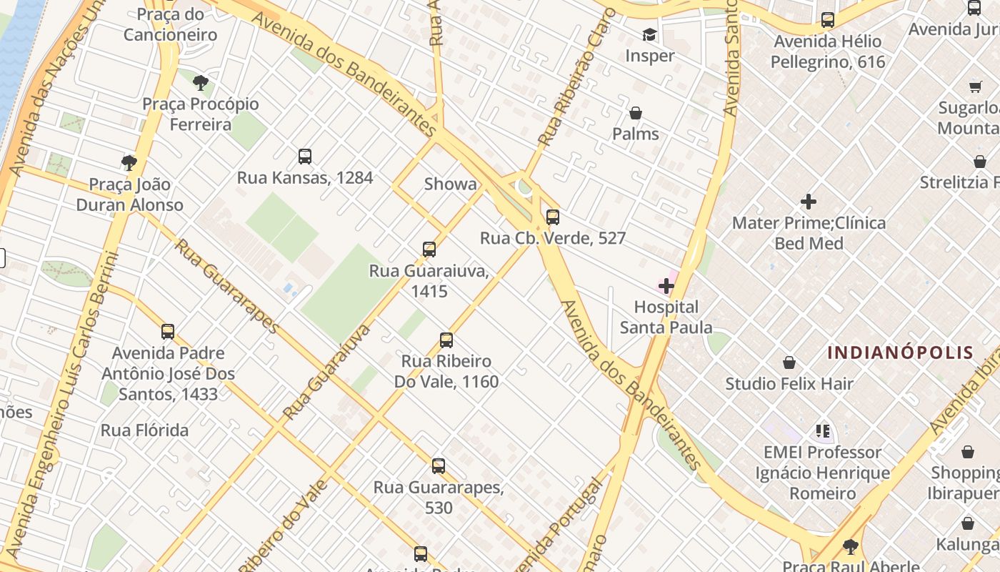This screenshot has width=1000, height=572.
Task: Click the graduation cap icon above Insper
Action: [x=649, y=34]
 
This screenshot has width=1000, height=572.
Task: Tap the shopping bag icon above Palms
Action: [x=635, y=113]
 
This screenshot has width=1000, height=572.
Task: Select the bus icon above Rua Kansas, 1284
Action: [x=305, y=156]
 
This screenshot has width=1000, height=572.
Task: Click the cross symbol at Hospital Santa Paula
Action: [x=666, y=286]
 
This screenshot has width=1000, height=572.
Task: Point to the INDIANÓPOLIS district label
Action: [x=900, y=352]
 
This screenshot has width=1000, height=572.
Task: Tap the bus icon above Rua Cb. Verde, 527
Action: [x=552, y=217]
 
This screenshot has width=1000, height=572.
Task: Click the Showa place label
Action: [x=450, y=184]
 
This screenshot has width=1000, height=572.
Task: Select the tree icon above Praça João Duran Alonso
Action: [x=129, y=163]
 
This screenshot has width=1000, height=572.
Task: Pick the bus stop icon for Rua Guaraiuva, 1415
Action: [x=429, y=250]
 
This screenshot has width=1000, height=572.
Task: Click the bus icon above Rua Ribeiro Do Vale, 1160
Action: [x=446, y=340]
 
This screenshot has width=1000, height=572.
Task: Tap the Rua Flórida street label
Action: [x=145, y=430]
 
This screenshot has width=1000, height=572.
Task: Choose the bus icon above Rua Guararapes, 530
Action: [x=439, y=466]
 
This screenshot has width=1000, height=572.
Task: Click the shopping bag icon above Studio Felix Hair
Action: [x=789, y=363]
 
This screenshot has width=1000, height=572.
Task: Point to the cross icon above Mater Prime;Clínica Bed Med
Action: [x=809, y=202]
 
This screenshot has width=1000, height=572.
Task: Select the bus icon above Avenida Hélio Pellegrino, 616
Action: [x=827, y=20]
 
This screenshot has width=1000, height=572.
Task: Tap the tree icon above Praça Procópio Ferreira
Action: [x=201, y=82]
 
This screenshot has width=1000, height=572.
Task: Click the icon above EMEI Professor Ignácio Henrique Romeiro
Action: [x=823, y=431]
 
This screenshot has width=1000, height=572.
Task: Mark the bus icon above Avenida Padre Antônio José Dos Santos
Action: [x=168, y=332]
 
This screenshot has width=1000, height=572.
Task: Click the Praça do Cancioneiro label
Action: [x=170, y=24]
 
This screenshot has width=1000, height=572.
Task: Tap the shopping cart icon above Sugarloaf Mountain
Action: [x=976, y=87]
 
